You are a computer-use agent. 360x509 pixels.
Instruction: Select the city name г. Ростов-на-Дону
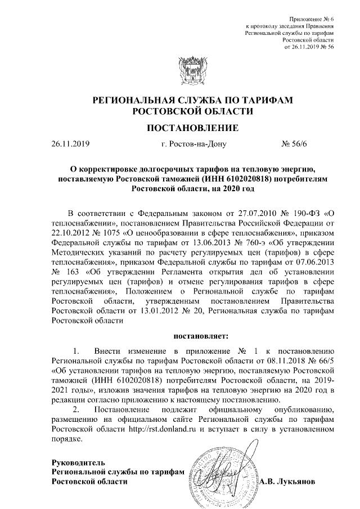coord(193,145)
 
